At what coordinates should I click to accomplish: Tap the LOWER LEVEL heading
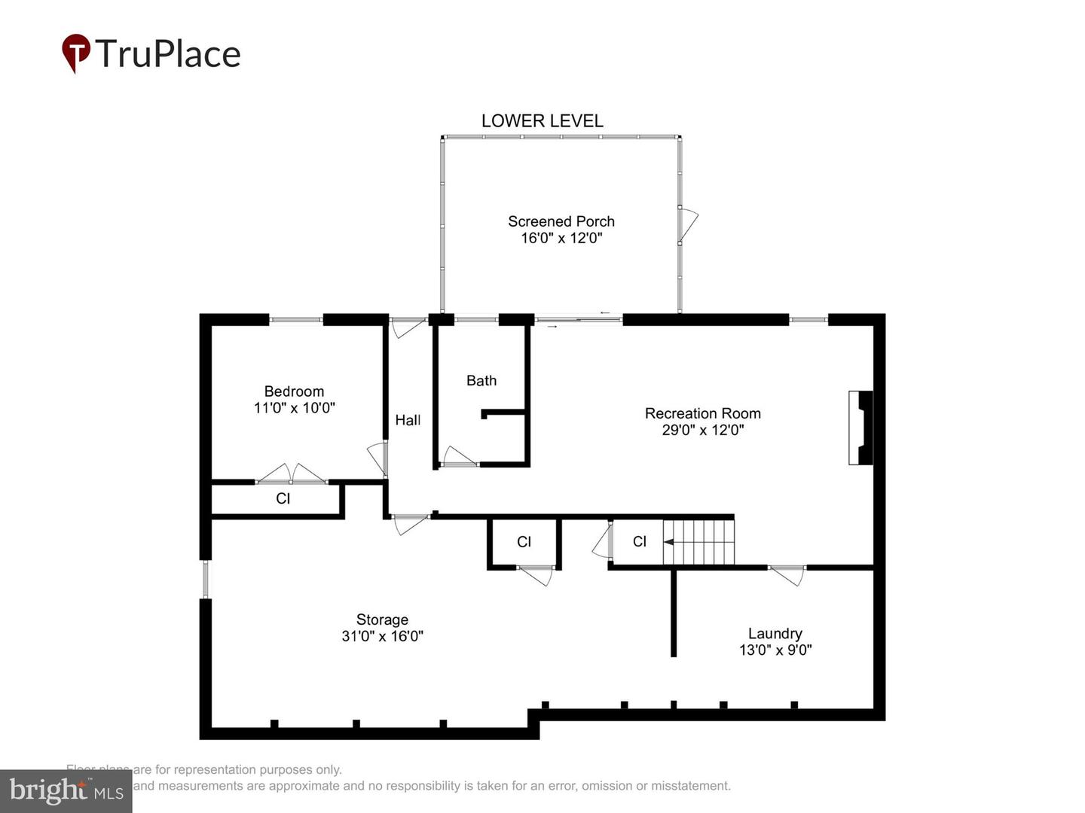point(542,121)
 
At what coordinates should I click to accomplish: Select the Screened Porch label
point(561,221)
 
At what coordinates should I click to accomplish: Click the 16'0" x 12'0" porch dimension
point(561,239)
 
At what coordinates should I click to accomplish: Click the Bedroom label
point(294,391)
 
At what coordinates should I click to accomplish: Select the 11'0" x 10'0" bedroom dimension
point(294,408)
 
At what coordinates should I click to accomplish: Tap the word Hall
point(408,420)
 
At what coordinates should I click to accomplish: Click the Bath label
point(481,381)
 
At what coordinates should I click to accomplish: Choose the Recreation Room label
point(702,413)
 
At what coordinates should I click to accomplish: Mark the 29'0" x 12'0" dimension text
point(702,431)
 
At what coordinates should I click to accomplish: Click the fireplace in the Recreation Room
point(861,428)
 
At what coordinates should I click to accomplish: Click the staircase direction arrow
point(668,541)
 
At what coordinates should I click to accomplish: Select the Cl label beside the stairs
point(639,541)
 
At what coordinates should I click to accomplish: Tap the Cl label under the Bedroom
point(283,498)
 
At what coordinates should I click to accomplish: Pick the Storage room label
point(382,620)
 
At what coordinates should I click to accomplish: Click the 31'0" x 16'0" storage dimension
point(382,636)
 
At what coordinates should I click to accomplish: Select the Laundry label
point(775,634)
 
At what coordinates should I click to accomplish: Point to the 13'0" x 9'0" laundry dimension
point(775,650)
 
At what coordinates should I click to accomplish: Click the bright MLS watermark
point(66,790)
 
